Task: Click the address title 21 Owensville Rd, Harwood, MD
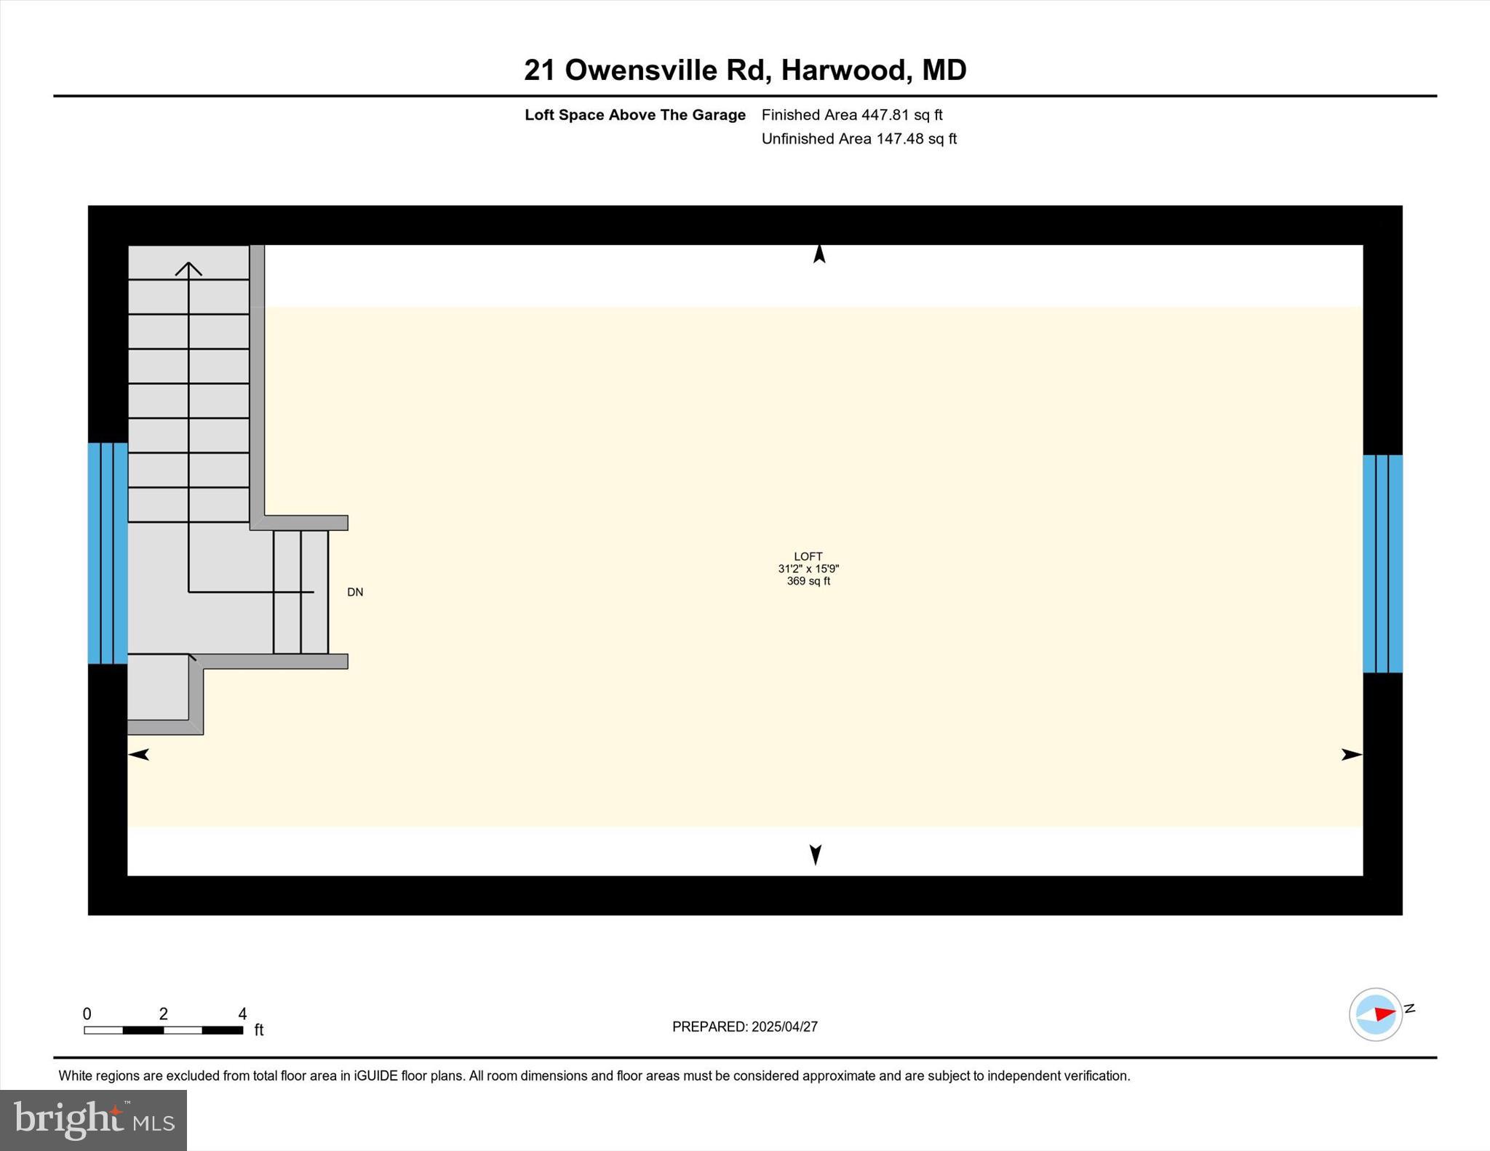click(x=745, y=71)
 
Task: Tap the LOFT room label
click(x=808, y=556)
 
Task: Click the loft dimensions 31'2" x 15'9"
click(x=808, y=569)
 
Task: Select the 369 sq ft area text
click(x=808, y=581)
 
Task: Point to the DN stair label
click(x=355, y=592)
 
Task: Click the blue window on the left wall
click(x=108, y=553)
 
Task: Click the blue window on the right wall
click(x=1382, y=564)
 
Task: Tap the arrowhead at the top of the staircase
click(x=188, y=269)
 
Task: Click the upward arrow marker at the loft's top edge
click(x=819, y=254)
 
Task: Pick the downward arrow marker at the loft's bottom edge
click(x=816, y=854)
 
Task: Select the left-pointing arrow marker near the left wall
click(x=139, y=755)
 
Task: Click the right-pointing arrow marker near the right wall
click(x=1351, y=755)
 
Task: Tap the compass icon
click(x=1376, y=1014)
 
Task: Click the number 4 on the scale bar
click(x=242, y=1014)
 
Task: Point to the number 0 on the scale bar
click(x=87, y=1014)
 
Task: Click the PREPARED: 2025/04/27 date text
click(x=744, y=1027)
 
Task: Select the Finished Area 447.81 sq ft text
click(x=851, y=115)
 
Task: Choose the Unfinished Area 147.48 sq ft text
click(x=858, y=139)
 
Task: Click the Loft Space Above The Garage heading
click(x=635, y=115)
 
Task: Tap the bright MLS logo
click(x=93, y=1120)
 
